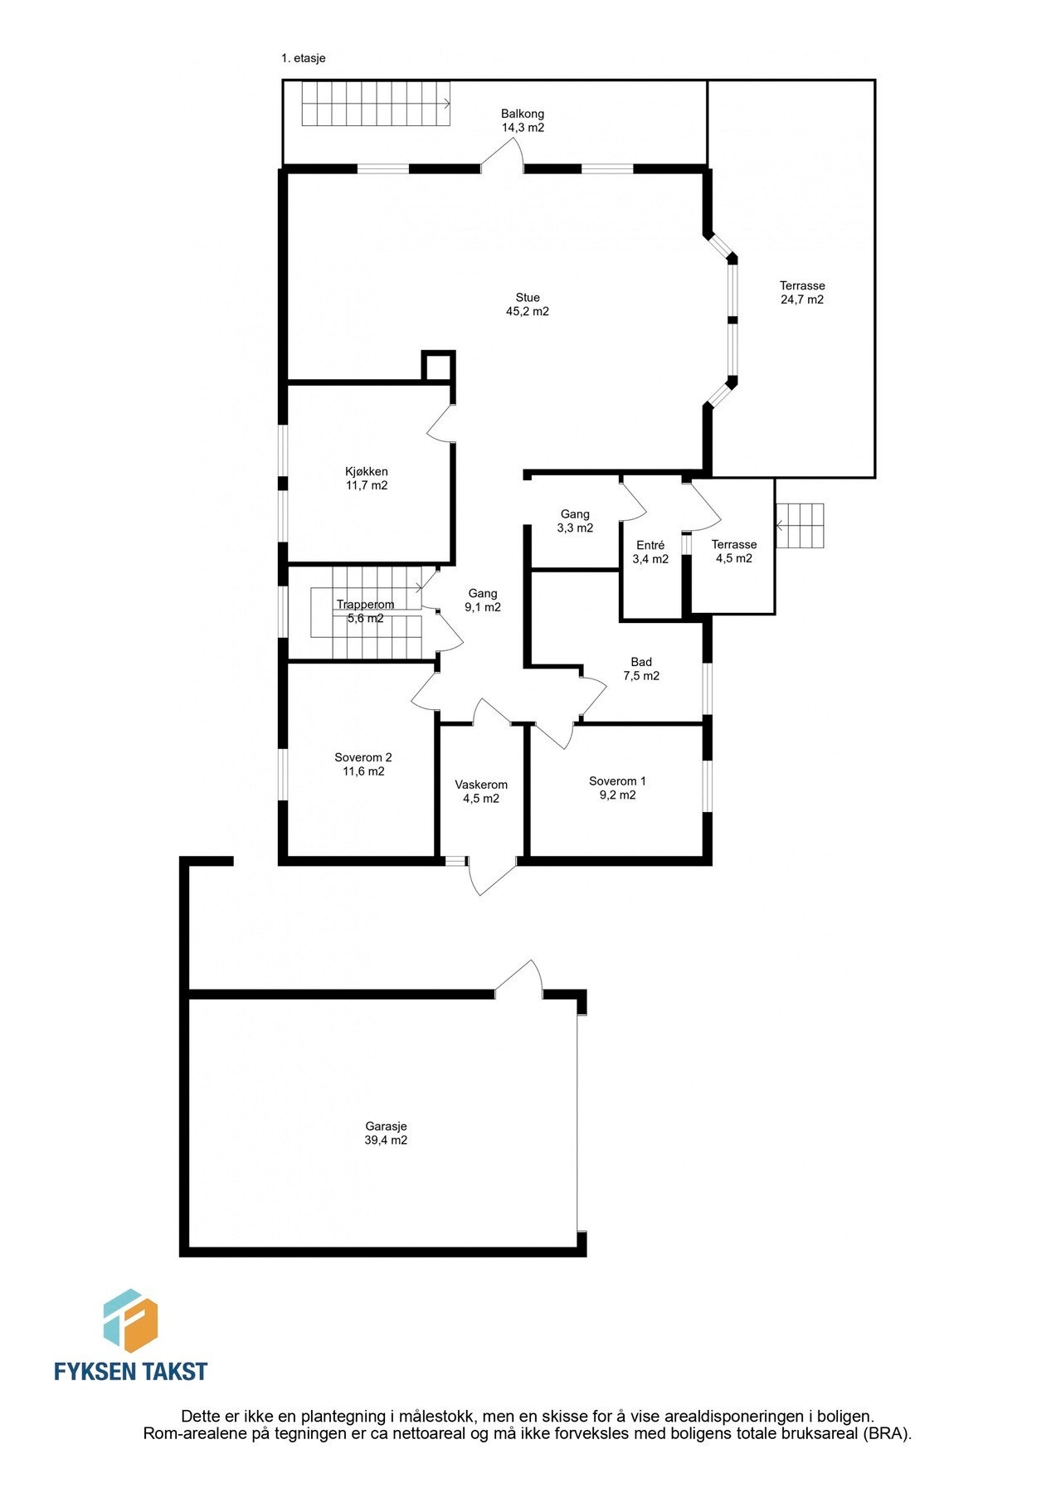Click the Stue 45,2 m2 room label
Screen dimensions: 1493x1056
(x=527, y=304)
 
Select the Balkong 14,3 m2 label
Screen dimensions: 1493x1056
(x=522, y=121)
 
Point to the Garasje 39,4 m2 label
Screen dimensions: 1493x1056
(x=386, y=1133)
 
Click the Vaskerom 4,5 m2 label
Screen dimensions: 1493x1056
(x=481, y=791)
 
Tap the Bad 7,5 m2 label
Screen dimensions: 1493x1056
(x=641, y=669)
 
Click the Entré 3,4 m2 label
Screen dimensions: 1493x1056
(x=650, y=552)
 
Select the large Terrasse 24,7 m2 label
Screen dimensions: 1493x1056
(x=801, y=293)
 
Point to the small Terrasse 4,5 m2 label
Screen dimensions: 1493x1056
(x=734, y=552)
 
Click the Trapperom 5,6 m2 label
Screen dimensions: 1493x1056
(x=365, y=611)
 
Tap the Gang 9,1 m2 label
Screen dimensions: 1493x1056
(x=483, y=600)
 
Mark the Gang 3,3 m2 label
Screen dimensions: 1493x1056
(x=575, y=521)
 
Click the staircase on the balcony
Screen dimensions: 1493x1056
(x=375, y=104)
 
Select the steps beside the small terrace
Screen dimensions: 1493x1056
(x=801, y=526)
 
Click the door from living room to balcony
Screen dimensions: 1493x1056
(x=503, y=156)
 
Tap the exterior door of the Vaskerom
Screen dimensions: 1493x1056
(x=492, y=875)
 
